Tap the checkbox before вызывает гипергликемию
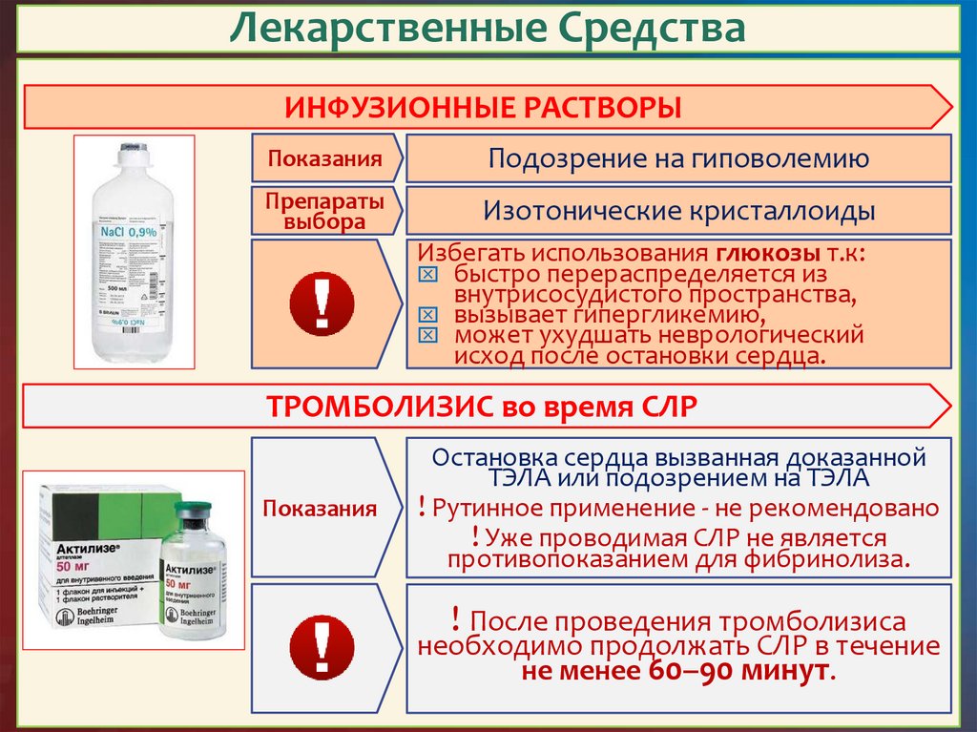tap(427, 315)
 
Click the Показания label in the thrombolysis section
tap(322, 508)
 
